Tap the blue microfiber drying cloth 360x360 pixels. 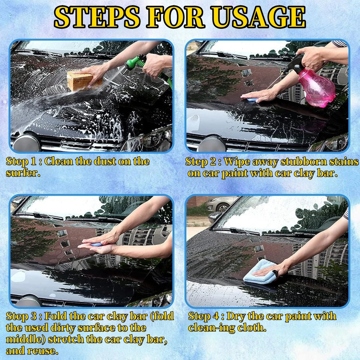(x=260, y=271)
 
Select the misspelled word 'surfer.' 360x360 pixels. (x=23, y=173)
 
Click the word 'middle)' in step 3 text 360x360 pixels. (x=25, y=339)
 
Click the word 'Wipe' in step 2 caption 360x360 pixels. (x=237, y=162)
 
